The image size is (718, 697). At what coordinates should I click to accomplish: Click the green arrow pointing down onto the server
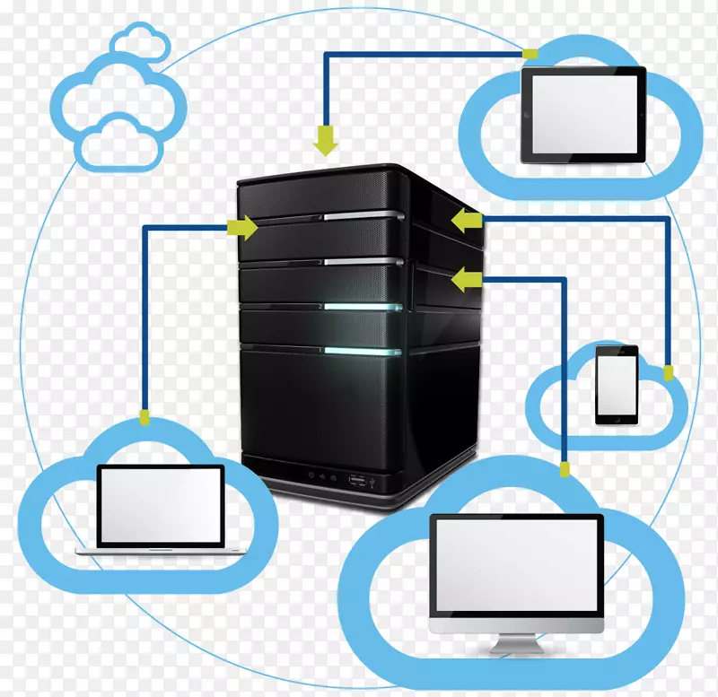click(324, 140)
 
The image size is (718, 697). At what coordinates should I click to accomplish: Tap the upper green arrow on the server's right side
click(465, 221)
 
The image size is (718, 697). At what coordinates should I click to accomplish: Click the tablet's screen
click(583, 114)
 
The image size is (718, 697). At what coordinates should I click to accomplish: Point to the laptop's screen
click(160, 505)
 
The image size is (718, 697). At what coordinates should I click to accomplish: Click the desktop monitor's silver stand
click(515, 643)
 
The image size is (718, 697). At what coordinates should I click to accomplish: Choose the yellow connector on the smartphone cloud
click(668, 371)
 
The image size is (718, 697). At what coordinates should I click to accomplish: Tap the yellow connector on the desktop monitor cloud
click(565, 469)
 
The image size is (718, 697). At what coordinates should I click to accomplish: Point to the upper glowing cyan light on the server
click(363, 306)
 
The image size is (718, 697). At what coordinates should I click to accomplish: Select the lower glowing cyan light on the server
click(363, 350)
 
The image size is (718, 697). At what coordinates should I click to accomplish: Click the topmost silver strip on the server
click(363, 215)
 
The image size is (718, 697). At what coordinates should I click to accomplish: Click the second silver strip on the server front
click(363, 261)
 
